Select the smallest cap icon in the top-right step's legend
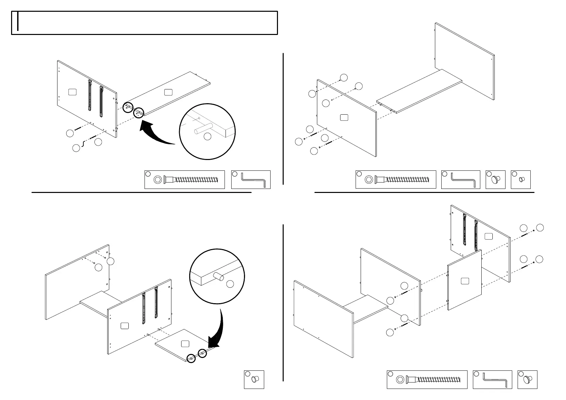point(521,179)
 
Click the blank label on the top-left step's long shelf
point(168,92)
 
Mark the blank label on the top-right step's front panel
point(344,117)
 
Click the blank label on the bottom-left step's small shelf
point(185,344)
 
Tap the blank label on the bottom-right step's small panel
point(465,281)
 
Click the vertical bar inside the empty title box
point(17,22)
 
